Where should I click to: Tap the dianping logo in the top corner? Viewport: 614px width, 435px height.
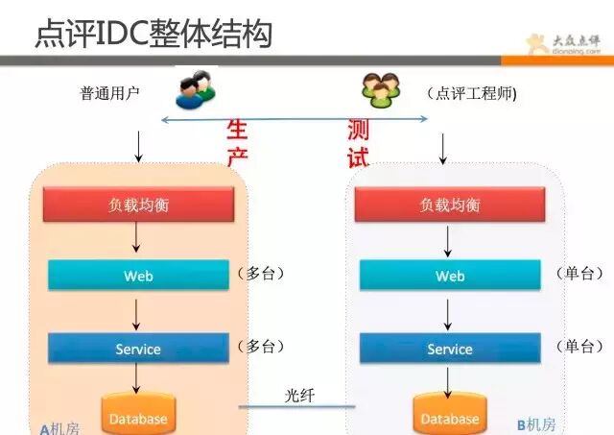coord(568,44)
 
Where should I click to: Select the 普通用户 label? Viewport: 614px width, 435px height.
coord(110,93)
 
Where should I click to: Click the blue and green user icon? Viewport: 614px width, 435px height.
coord(197,90)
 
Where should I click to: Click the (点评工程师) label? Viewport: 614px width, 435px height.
coord(472,93)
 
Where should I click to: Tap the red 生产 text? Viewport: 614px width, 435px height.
coord(237,142)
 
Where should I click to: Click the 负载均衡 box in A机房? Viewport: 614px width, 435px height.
coord(139,205)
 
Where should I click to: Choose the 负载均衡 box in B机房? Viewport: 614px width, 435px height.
coord(450,205)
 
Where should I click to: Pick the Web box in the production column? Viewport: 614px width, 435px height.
coord(139,276)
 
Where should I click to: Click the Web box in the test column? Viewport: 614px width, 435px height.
coord(450,276)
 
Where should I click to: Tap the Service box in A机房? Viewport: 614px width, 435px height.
coord(139,349)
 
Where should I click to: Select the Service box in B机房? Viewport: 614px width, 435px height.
coord(450,349)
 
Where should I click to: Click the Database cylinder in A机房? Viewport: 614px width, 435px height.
coord(138,415)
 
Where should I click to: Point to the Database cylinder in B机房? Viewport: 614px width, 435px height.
coord(449,416)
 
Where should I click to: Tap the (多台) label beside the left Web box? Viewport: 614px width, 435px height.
coord(261,274)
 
